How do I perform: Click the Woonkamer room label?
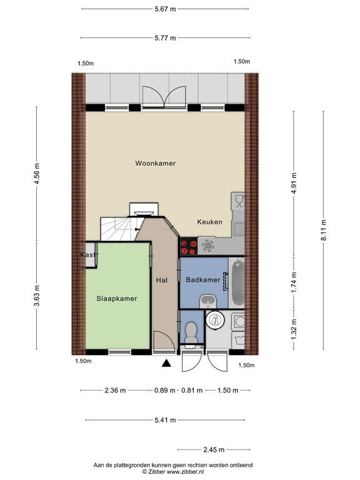pyautogui.click(x=156, y=163)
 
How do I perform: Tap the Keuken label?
pyautogui.click(x=210, y=222)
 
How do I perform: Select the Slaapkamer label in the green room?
pyautogui.click(x=117, y=299)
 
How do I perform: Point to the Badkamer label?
pyautogui.click(x=203, y=280)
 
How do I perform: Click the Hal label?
pyautogui.click(x=162, y=280)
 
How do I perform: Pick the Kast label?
pyautogui.click(x=88, y=255)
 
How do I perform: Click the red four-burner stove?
pyautogui.click(x=189, y=247)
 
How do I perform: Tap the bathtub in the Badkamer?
pyautogui.click(x=237, y=283)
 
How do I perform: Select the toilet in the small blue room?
pyautogui.click(x=191, y=332)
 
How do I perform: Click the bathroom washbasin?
pyautogui.click(x=208, y=301)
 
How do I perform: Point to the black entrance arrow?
pyautogui.click(x=166, y=363)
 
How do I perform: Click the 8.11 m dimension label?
pyautogui.click(x=324, y=231)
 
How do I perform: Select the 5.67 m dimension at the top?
pyautogui.click(x=165, y=9)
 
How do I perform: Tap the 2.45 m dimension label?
pyautogui.click(x=214, y=450)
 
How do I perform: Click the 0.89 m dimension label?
pyautogui.click(x=165, y=390)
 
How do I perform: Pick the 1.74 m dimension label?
pyautogui.click(x=294, y=282)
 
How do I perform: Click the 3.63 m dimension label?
pyautogui.click(x=37, y=296)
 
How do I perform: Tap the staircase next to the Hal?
pyautogui.click(x=120, y=229)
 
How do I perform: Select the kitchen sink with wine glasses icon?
pyautogui.click(x=238, y=201)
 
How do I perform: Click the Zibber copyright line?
pyautogui.click(x=173, y=472)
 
